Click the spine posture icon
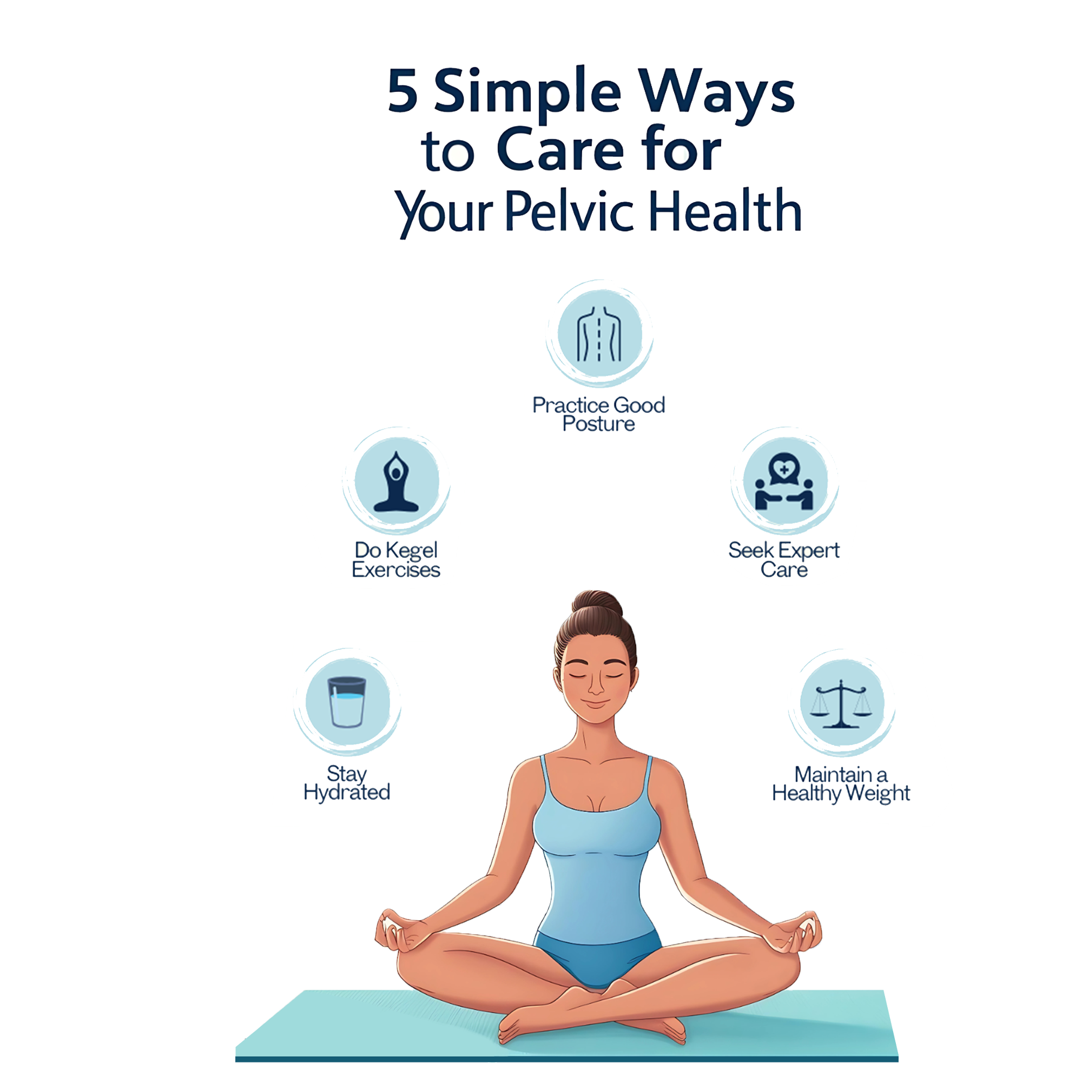coord(599,335)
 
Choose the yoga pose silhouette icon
coord(396,482)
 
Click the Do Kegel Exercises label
coord(396,559)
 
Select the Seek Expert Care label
coord(784,559)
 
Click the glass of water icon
coord(347,702)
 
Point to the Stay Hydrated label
coord(347,783)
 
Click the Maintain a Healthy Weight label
coord(841,784)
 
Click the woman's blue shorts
coord(597,952)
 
